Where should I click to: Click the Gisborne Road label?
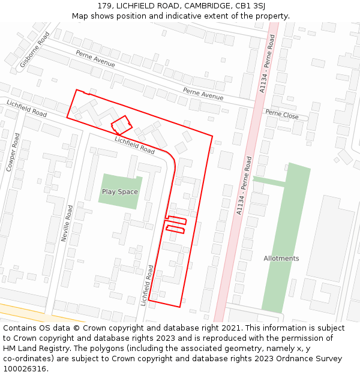point(35,49)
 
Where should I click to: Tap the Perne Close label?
point(281,113)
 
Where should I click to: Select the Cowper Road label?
point(13,152)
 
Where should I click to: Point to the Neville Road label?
point(67,223)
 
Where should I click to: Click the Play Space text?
point(119,192)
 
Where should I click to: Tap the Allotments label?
point(281,259)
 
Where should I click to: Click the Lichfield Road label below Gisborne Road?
point(26,109)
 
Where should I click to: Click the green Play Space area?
point(120,183)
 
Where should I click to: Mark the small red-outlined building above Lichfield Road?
point(122,125)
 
